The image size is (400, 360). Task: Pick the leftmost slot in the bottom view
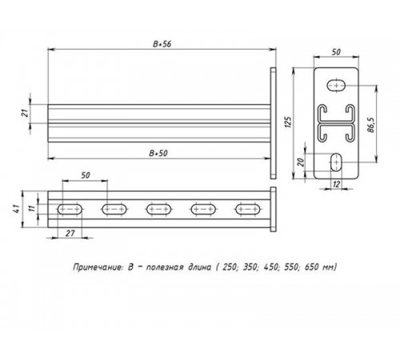tap(70, 210)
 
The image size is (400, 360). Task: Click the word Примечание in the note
tap(94, 266)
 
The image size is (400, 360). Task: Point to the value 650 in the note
tap(310, 266)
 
